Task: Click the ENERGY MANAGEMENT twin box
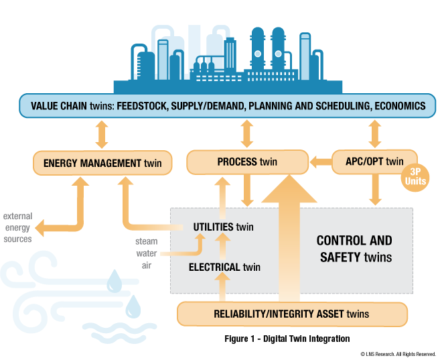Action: [102, 162]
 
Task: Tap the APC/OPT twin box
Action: [375, 162]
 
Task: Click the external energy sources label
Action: [17, 228]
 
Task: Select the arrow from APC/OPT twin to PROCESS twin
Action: [321, 162]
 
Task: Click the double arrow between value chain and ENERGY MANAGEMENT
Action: [101, 133]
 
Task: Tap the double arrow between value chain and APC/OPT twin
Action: [374, 133]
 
